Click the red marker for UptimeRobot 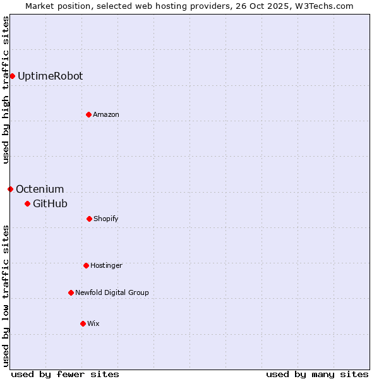click(12, 76)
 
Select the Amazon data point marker click(88, 114)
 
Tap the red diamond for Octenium click(10, 189)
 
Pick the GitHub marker click(27, 203)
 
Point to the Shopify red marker click(89, 219)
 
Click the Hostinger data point click(86, 265)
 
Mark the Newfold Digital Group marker click(71, 292)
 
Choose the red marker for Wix click(83, 323)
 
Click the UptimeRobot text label click(50, 76)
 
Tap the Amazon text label click(106, 114)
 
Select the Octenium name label click(40, 189)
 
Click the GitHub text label click(50, 203)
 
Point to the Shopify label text click(106, 219)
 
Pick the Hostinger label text click(106, 265)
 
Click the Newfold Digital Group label click(112, 292)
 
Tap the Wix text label click(93, 323)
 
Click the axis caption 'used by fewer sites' click(65, 374)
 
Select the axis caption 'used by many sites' click(317, 374)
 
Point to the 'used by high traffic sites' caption click(6, 90)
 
